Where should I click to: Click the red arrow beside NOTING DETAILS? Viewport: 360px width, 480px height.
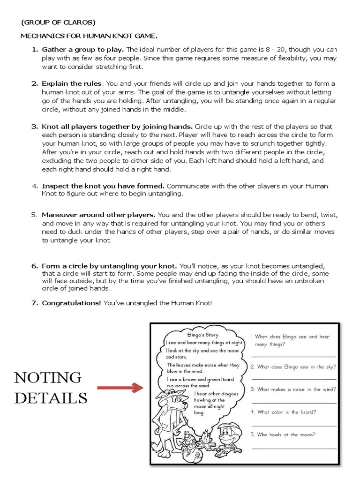[120, 388]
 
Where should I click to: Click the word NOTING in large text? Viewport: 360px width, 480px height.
[47, 377]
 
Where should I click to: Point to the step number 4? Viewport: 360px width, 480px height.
[34, 186]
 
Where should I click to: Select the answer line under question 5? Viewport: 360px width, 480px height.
[294, 448]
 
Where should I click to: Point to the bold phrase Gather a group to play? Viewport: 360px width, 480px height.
[83, 50]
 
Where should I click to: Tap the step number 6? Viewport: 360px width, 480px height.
[34, 266]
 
